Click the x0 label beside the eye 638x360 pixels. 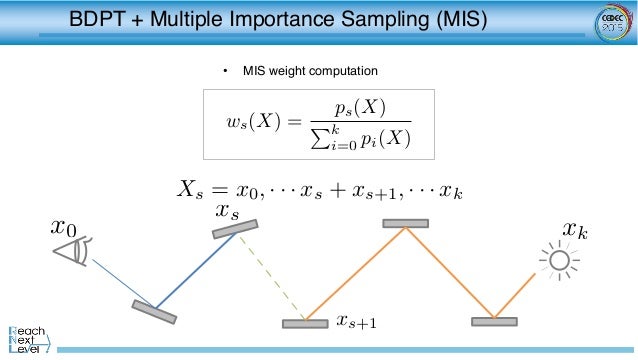pyautogui.click(x=64, y=229)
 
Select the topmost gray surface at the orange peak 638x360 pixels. pyautogui.click(x=405, y=223)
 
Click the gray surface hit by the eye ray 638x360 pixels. pyautogui.click(x=154, y=311)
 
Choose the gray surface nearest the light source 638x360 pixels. pyautogui.click(x=494, y=322)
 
